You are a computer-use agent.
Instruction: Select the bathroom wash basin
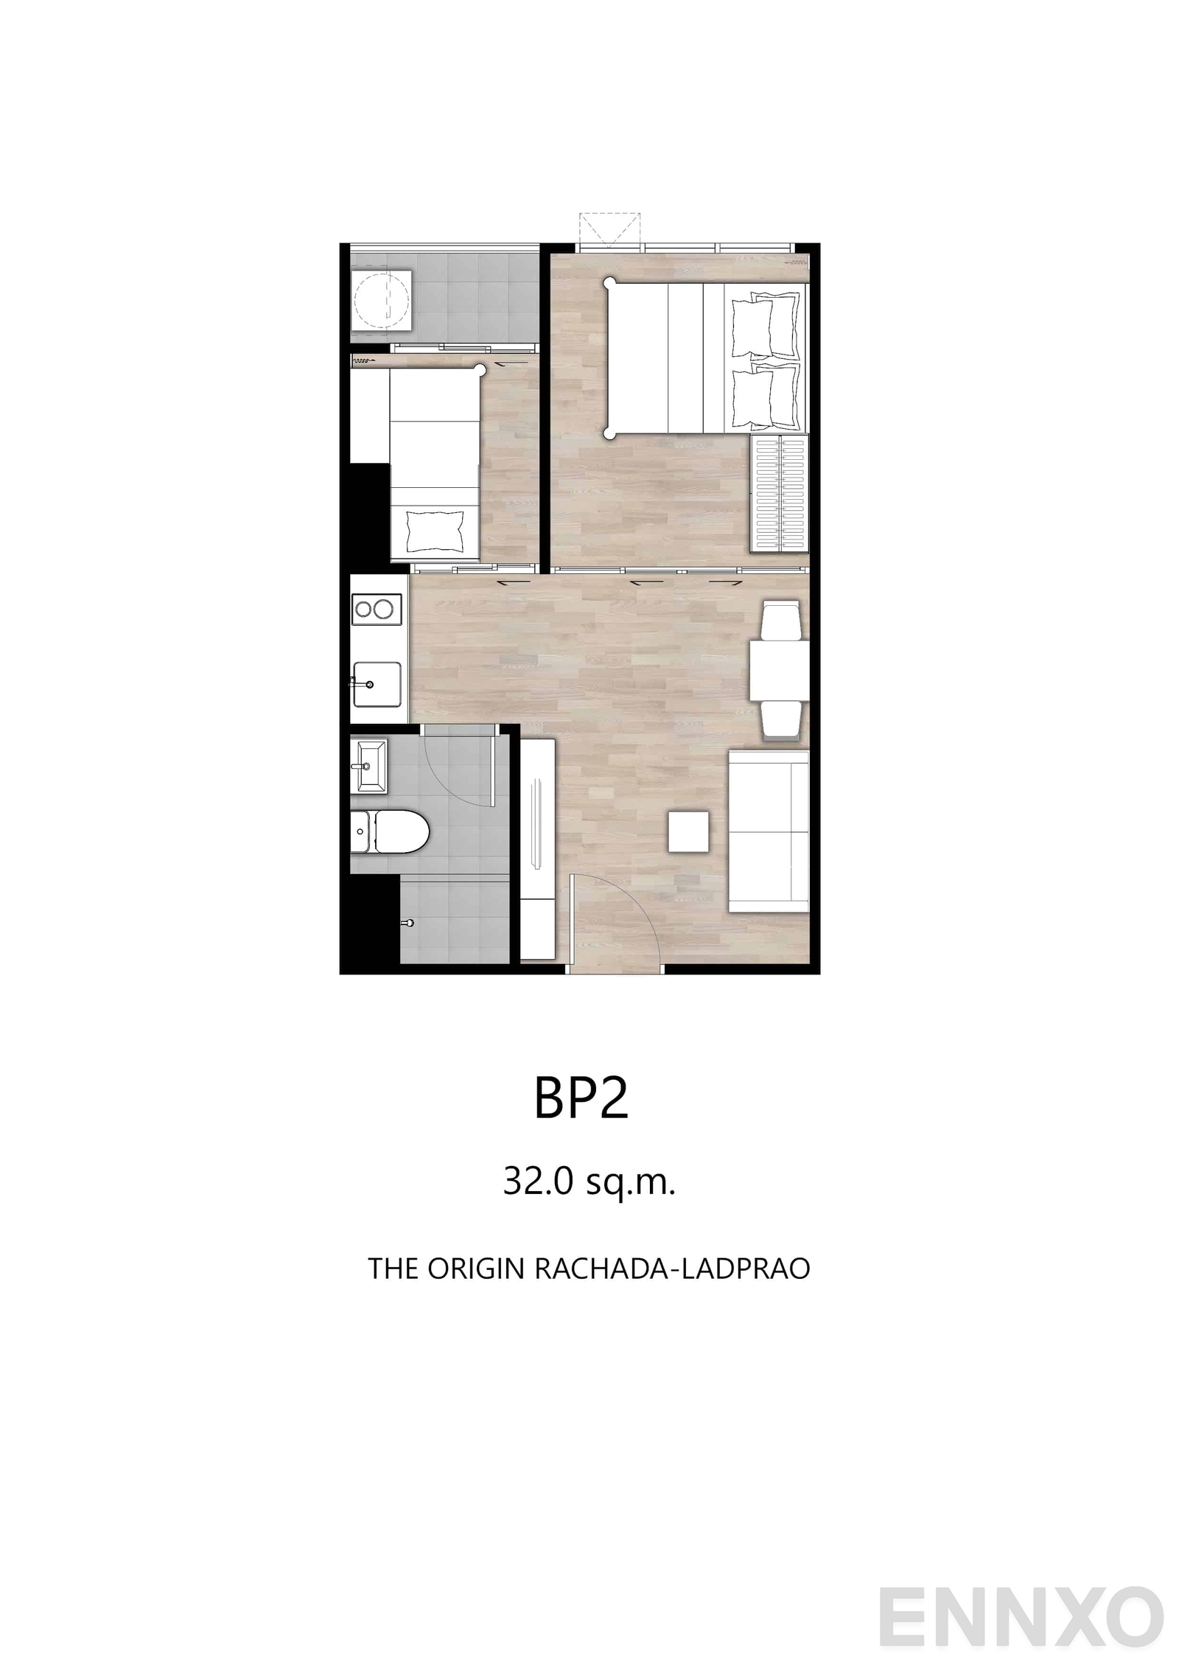tap(368, 766)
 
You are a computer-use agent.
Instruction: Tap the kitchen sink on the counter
tap(377, 683)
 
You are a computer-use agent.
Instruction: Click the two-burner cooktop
tap(377, 609)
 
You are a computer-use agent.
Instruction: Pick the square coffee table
tap(689, 831)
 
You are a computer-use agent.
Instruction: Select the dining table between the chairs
tap(780, 671)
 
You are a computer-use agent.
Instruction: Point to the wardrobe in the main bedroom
tap(780, 492)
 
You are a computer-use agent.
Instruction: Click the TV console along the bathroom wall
tap(538, 849)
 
